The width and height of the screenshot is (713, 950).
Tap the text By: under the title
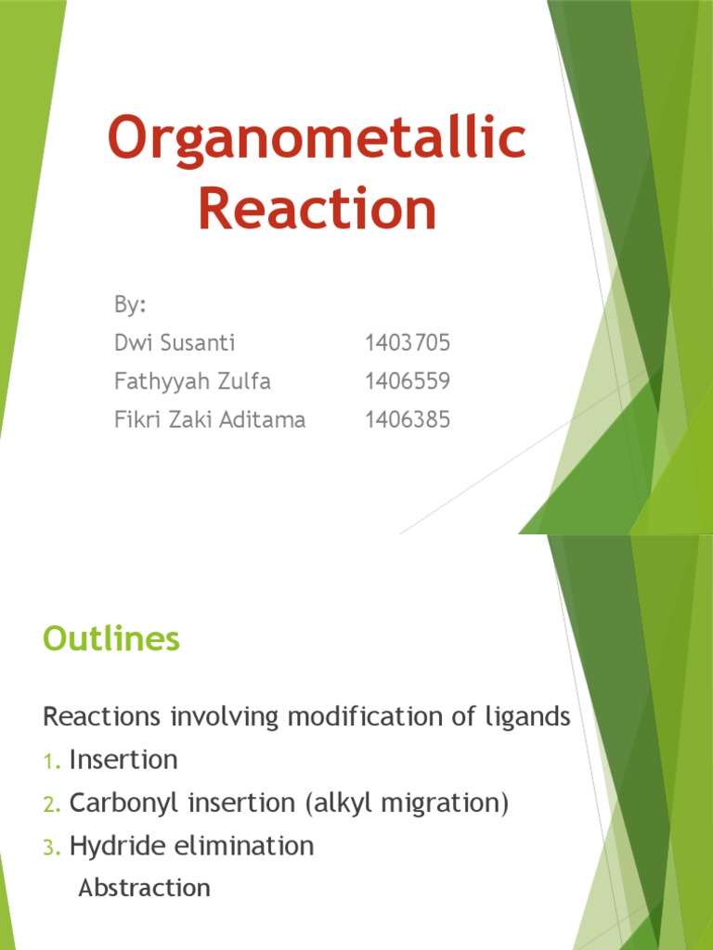[x=129, y=305]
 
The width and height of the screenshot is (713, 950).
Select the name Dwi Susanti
[x=174, y=343]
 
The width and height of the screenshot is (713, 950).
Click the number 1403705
[x=407, y=343]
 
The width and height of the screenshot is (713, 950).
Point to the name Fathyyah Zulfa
[x=192, y=381]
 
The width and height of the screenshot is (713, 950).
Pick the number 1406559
[x=407, y=381]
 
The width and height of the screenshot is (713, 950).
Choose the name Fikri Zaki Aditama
[x=209, y=419]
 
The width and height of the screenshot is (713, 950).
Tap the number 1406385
[x=407, y=419]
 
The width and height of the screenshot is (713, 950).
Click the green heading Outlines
[x=111, y=639]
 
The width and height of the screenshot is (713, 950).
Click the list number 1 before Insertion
[x=50, y=762]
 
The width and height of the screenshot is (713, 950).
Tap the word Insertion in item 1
[x=123, y=760]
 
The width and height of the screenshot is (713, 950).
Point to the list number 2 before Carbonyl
[x=50, y=804]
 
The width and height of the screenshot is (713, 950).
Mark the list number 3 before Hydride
[x=50, y=847]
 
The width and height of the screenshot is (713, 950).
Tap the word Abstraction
[x=144, y=888]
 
